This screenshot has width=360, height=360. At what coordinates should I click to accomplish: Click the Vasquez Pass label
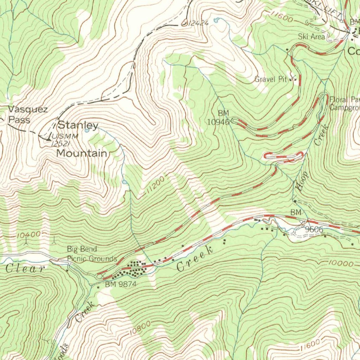pyautogui.click(x=27, y=114)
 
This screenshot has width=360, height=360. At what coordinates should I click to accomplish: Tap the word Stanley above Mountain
pyautogui.click(x=78, y=125)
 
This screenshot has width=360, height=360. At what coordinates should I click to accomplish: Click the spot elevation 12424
pyautogui.click(x=199, y=23)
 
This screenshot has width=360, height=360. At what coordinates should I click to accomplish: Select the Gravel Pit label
pyautogui.click(x=271, y=79)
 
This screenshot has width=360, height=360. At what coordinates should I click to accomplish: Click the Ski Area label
pyautogui.click(x=311, y=36)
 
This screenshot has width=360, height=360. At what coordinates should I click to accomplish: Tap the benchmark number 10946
pyautogui.click(x=219, y=122)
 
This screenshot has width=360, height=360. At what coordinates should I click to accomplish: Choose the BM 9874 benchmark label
pyautogui.click(x=121, y=284)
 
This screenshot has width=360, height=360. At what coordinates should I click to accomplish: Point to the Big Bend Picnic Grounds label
pyautogui.click(x=92, y=254)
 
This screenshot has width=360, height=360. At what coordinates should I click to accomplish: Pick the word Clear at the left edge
pyautogui.click(x=25, y=269)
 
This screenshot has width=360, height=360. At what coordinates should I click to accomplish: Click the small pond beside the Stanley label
pyautogui.click(x=87, y=130)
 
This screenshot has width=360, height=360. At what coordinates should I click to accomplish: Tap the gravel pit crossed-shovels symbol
pyautogui.click(x=293, y=79)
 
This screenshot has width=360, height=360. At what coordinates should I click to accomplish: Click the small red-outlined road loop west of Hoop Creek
pyautogui.click(x=283, y=157)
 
